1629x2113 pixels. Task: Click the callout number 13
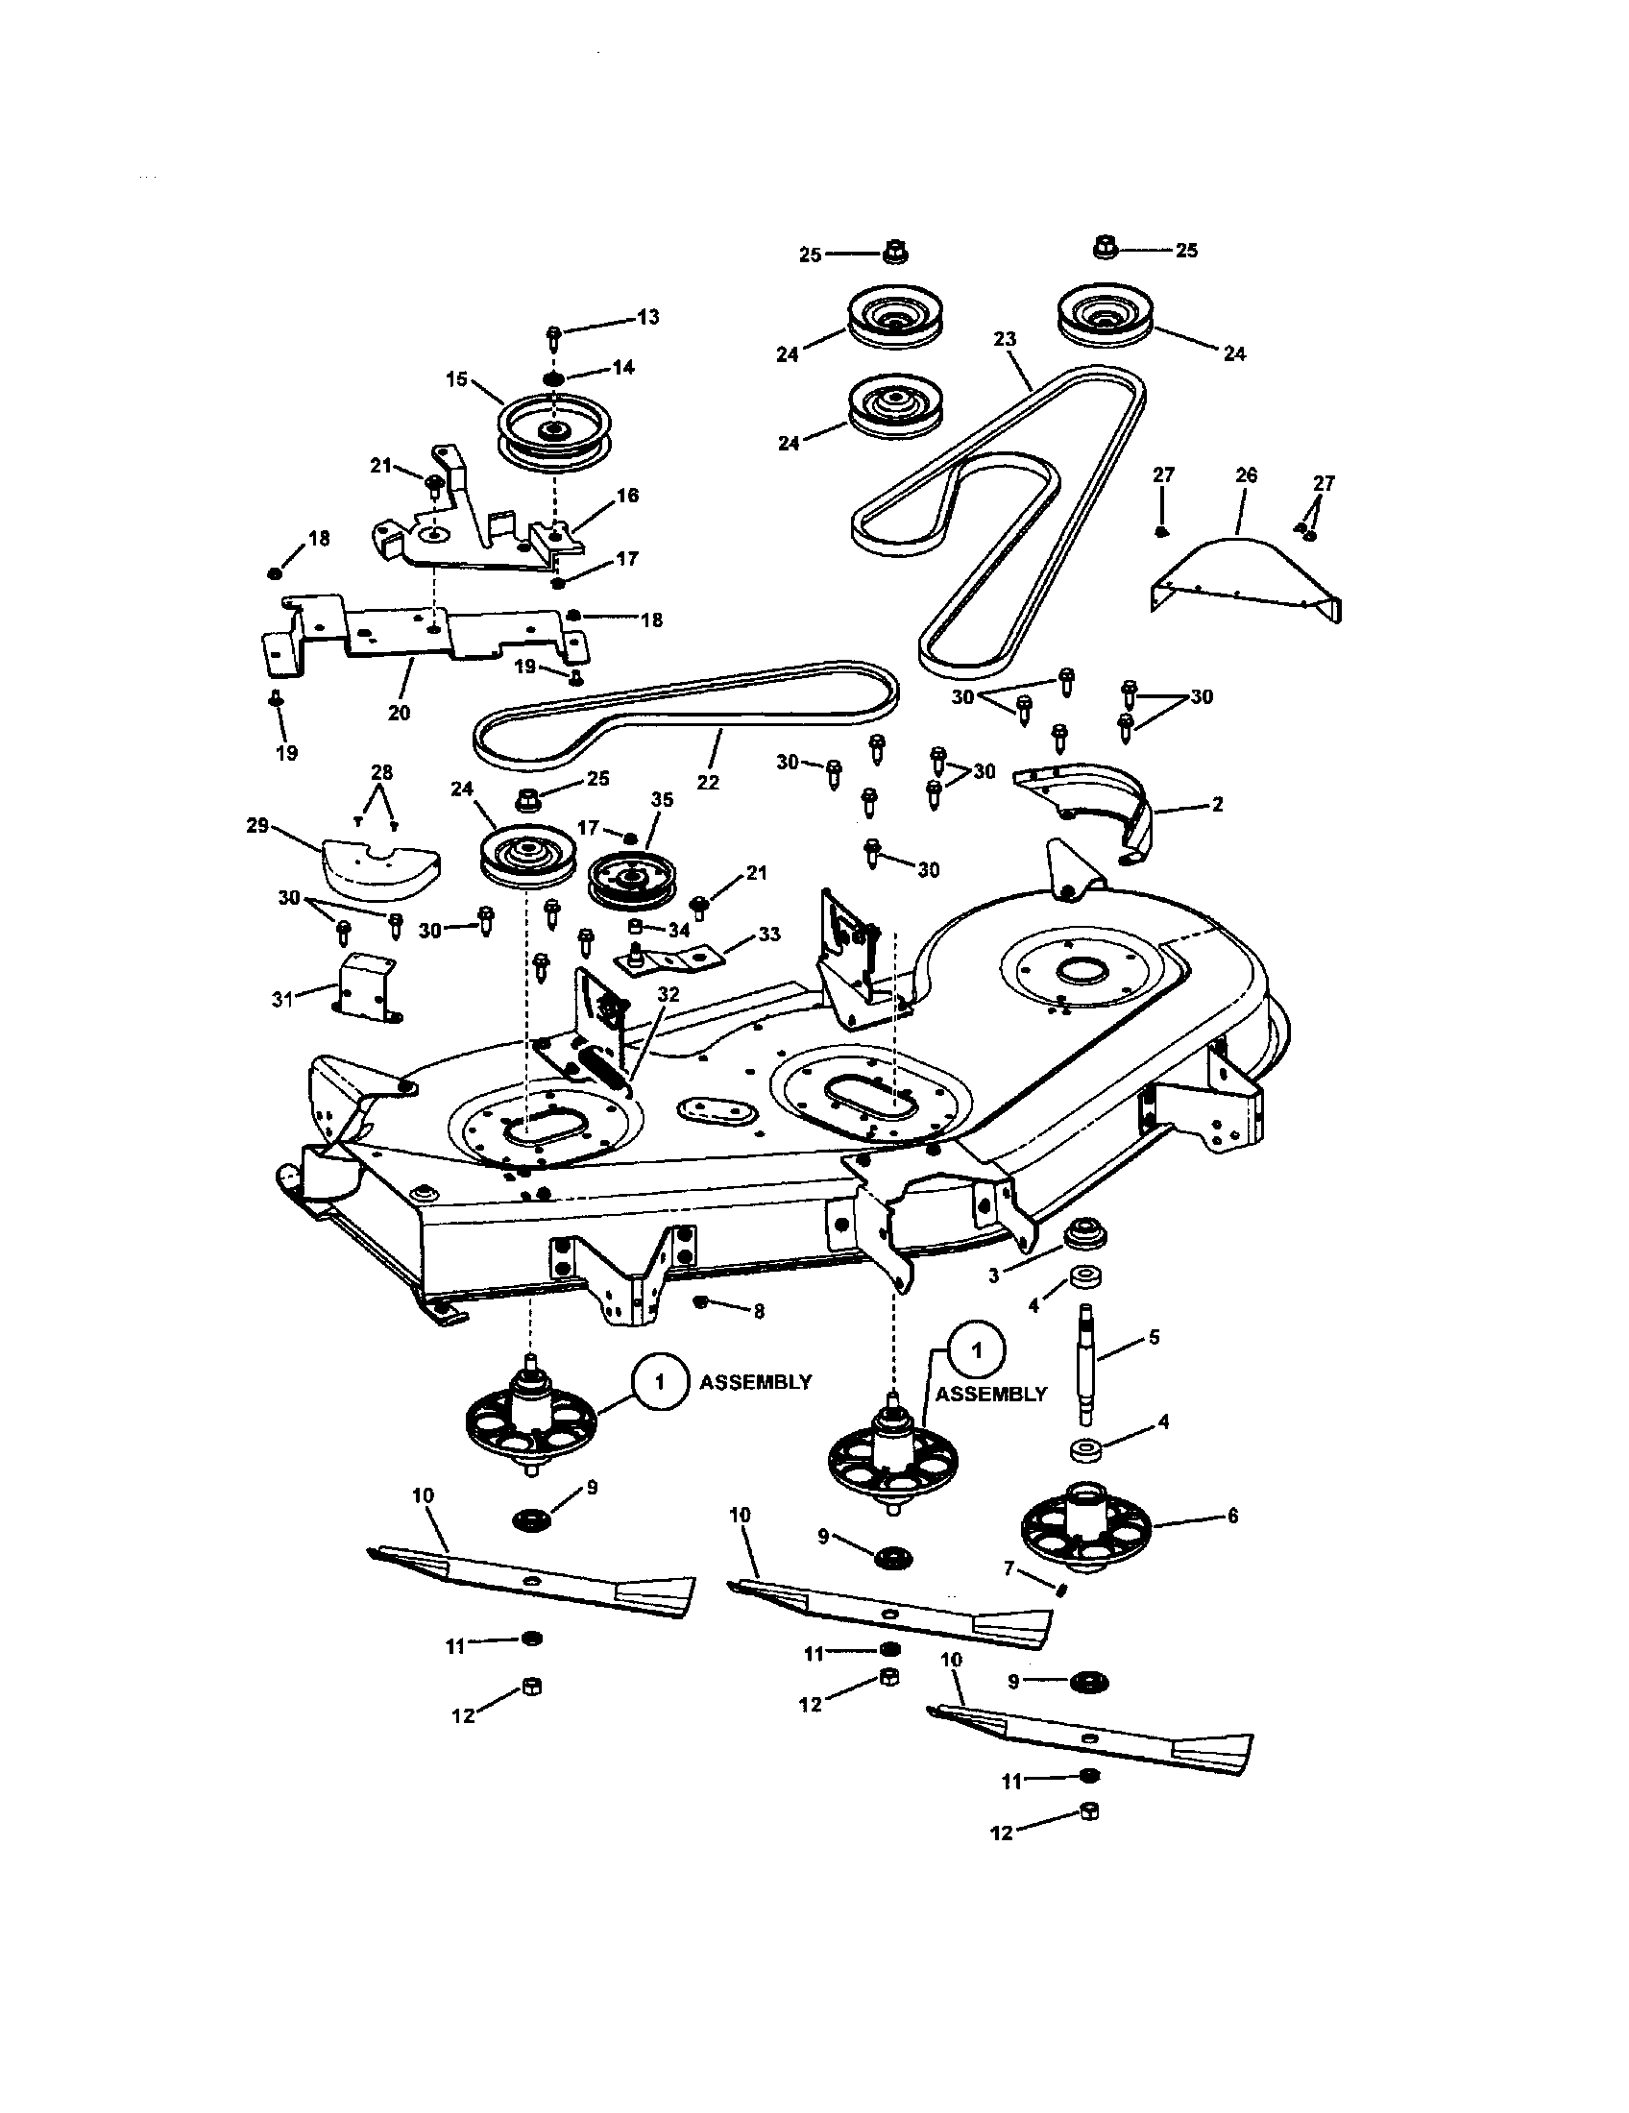647,316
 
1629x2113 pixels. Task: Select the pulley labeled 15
548,427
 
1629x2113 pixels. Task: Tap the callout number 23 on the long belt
1005,339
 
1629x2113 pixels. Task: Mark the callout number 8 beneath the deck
759,1311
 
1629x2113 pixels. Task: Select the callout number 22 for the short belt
708,782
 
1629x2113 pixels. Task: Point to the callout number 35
662,799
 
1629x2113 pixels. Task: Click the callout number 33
768,934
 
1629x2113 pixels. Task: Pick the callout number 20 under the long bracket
399,713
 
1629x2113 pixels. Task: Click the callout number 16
627,496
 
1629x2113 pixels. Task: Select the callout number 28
382,771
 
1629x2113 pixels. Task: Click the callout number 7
1009,1568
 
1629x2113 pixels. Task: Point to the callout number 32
668,995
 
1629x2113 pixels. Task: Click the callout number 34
679,930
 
